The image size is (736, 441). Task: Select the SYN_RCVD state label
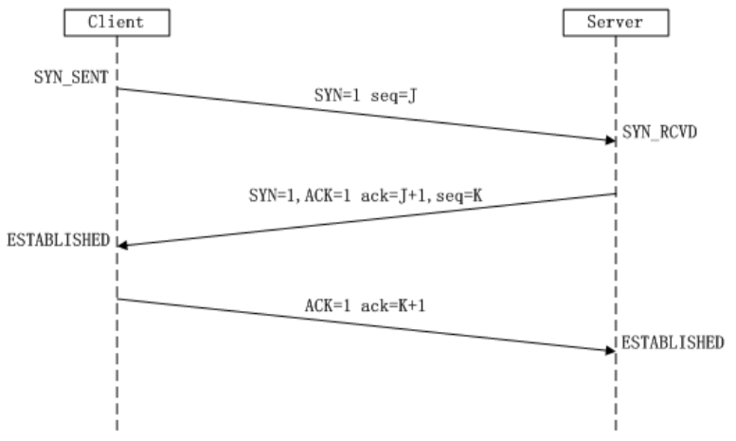click(659, 133)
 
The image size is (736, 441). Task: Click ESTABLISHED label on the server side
click(673, 341)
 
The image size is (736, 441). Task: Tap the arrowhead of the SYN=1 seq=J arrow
click(611, 140)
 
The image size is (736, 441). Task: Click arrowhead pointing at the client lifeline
click(122, 246)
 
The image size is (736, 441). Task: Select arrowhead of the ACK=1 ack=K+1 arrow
click(611, 350)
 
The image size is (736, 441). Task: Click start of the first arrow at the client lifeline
click(118, 89)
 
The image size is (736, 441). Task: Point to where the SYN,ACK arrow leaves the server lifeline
click(615, 195)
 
